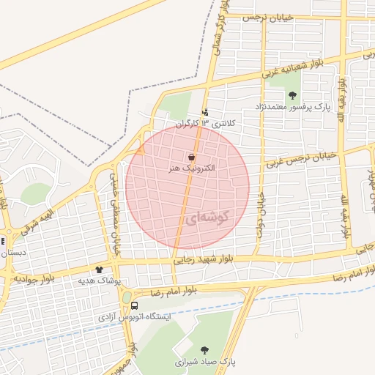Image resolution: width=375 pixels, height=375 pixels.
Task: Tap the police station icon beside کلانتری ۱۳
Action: [x=205, y=113]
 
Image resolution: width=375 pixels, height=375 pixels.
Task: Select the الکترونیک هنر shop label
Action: [x=190, y=168]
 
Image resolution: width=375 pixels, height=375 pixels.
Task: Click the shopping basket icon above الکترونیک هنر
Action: [x=191, y=157]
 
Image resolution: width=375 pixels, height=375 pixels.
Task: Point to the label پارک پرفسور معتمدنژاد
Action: [x=292, y=106]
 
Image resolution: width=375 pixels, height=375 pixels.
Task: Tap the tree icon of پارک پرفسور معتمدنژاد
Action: [x=292, y=95]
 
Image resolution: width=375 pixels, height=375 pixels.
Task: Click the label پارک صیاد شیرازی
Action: [x=203, y=361]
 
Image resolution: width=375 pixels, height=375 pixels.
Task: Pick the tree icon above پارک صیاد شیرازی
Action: [x=204, y=351]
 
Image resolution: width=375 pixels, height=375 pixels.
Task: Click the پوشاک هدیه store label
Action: [x=99, y=281]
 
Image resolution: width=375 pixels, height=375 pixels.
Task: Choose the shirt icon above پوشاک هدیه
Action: [x=99, y=270]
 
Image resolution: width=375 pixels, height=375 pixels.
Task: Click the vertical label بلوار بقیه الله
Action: [x=343, y=216]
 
